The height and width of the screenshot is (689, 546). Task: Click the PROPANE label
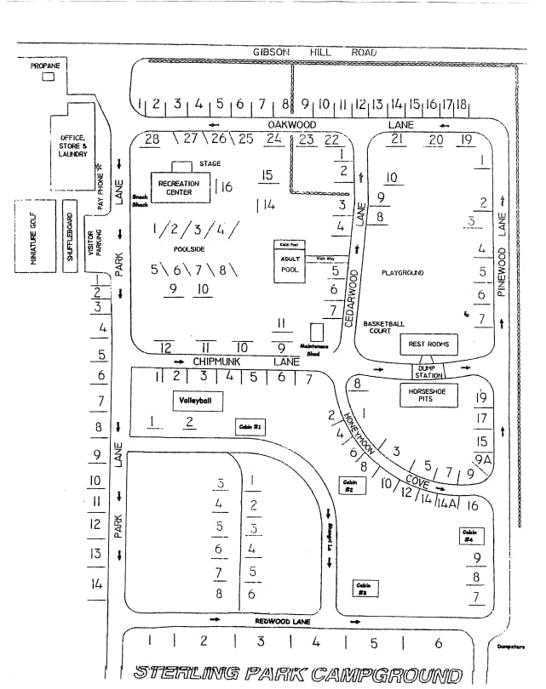(x=44, y=65)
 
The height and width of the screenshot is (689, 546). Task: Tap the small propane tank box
(x=48, y=77)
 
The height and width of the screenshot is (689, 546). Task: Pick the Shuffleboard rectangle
(x=71, y=236)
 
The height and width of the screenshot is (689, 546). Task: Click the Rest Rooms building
(x=429, y=344)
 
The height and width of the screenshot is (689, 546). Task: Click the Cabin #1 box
(x=252, y=426)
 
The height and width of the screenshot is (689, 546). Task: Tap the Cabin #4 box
(x=468, y=537)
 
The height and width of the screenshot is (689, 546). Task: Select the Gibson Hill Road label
(x=314, y=52)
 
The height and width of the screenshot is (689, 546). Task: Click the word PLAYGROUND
(x=403, y=272)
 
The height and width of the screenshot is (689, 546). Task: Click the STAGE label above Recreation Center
(x=211, y=163)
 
